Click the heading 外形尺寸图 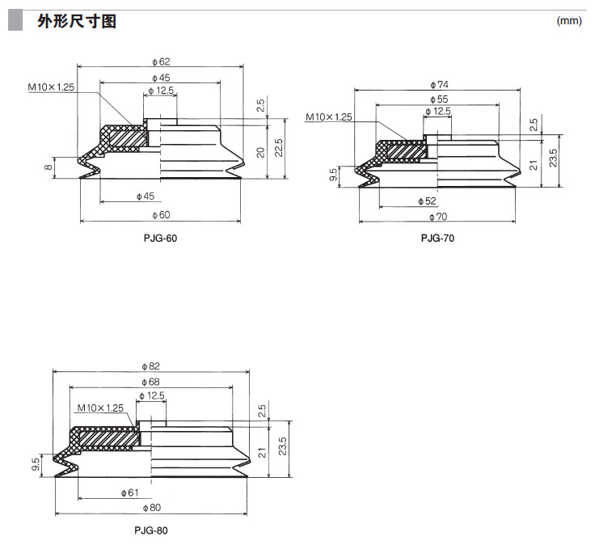(x=77, y=22)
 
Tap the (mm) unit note (x=569, y=22)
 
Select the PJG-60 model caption (x=160, y=239)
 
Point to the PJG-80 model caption (x=151, y=530)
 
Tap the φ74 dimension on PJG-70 (x=437, y=84)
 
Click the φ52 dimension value (x=427, y=200)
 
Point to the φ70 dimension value (x=437, y=216)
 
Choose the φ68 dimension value (x=150, y=382)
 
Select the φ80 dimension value (x=150, y=508)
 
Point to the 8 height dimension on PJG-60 (x=48, y=167)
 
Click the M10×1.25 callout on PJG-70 (x=329, y=117)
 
